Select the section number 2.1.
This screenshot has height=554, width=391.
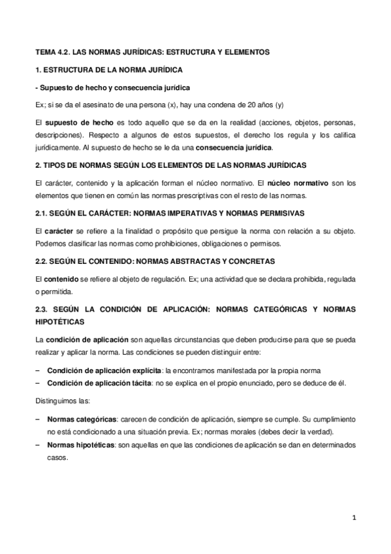(41, 214)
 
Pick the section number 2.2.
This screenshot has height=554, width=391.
(41, 261)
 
